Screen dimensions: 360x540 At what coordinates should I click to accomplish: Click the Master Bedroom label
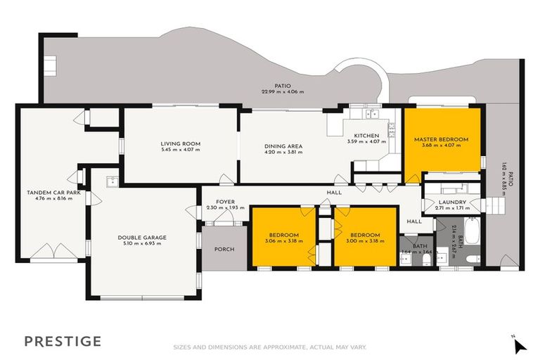441,139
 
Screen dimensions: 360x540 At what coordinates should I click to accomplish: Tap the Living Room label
180,143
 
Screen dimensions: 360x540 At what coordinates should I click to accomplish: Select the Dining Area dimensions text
283,153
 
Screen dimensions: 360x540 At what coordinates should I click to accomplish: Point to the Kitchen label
366,136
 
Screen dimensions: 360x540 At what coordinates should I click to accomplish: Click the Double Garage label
142,238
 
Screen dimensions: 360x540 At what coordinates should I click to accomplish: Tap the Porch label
224,249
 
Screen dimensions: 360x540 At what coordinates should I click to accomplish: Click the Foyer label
225,202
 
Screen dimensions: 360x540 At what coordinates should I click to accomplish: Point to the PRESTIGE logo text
63,341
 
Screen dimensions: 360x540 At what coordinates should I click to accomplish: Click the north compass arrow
519,345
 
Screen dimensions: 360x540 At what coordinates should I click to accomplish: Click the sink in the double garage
111,182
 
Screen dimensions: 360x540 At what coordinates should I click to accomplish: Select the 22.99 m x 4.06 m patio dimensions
283,91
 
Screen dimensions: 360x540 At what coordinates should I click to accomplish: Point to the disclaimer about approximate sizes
270,346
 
